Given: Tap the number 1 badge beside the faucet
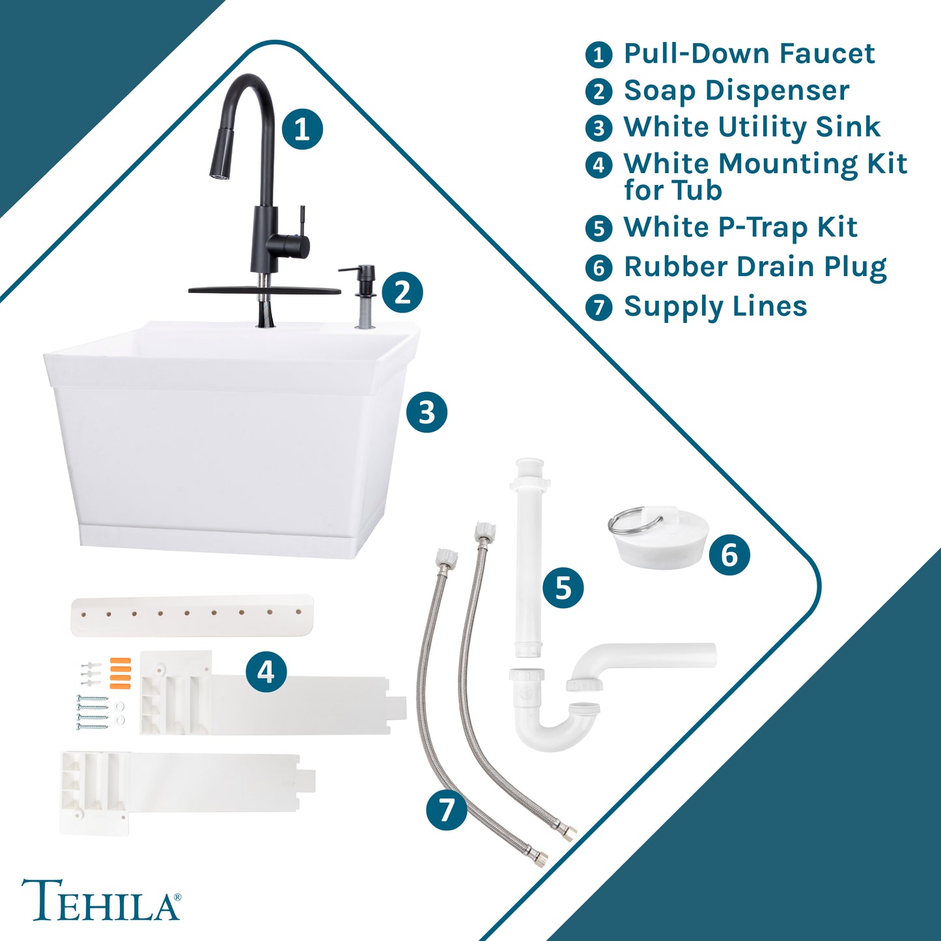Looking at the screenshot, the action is pyautogui.click(x=302, y=130).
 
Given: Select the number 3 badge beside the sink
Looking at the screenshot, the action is pyautogui.click(x=427, y=412).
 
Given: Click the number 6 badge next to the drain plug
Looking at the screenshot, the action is pyautogui.click(x=729, y=555).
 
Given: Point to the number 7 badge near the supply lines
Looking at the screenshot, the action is pyautogui.click(x=446, y=810).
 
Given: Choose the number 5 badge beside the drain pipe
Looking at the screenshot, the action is pyautogui.click(x=563, y=587).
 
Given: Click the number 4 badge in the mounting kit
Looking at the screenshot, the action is pyautogui.click(x=266, y=672).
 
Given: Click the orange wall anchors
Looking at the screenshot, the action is pyautogui.click(x=120, y=673).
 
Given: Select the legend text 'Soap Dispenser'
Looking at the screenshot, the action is pyautogui.click(x=737, y=91).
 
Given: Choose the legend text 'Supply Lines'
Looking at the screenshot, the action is pyautogui.click(x=716, y=307).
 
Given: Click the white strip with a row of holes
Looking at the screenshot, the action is pyautogui.click(x=192, y=615).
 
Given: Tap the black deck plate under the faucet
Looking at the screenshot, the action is pyautogui.click(x=264, y=290).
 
